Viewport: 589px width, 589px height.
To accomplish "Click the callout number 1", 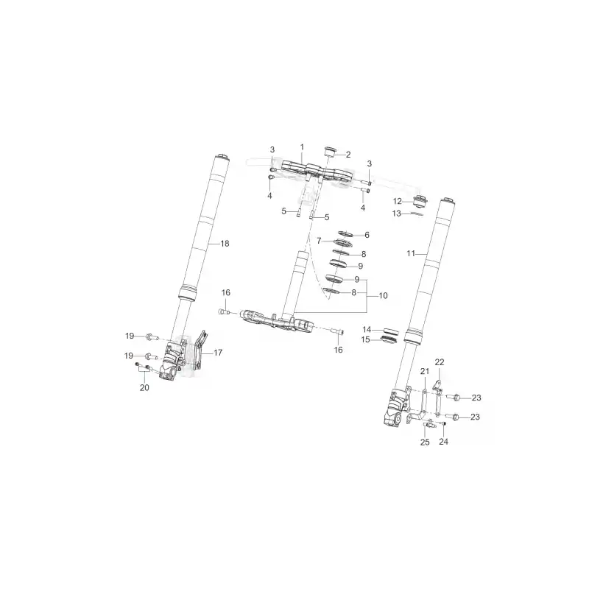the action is click(x=302, y=147).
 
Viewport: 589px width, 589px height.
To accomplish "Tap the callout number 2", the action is click(x=348, y=155).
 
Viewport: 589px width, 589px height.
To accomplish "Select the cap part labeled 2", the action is click(x=329, y=151).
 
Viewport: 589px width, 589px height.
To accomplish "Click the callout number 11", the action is click(x=411, y=253).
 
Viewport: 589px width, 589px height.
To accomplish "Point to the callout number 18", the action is click(x=225, y=244).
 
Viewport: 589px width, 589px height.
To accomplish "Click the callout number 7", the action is click(x=319, y=241).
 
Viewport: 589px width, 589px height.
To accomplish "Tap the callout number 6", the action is click(x=367, y=235).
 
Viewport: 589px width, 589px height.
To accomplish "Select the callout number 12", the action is click(x=398, y=201).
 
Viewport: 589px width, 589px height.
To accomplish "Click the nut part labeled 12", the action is click(x=420, y=201).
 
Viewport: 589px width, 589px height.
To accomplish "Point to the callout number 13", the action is click(x=397, y=214).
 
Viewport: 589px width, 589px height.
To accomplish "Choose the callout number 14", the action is click(x=367, y=329).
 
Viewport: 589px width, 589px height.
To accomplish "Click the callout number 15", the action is click(x=365, y=339).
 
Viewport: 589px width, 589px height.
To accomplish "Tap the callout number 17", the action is click(x=218, y=353).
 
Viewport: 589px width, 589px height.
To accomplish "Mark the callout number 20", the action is click(x=144, y=388).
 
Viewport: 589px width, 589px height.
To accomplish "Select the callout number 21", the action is click(x=425, y=371).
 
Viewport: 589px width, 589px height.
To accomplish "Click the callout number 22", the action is click(x=440, y=362).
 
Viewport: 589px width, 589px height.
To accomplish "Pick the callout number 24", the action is click(x=444, y=441).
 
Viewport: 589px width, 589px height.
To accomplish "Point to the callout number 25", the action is click(x=425, y=442).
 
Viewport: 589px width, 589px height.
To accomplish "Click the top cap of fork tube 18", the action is click(x=222, y=157).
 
